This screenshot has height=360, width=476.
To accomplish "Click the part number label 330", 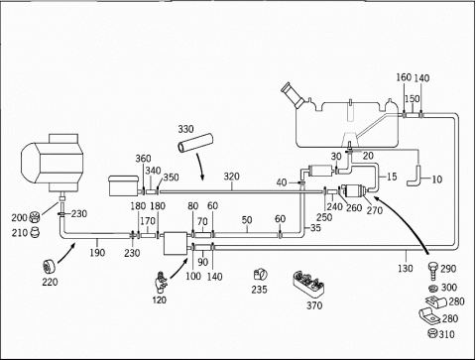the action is click(x=185, y=129).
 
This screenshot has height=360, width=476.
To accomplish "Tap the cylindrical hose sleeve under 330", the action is click(x=195, y=143).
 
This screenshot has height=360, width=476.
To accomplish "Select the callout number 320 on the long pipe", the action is click(x=231, y=177).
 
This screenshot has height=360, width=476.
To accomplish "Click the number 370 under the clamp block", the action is click(x=314, y=305).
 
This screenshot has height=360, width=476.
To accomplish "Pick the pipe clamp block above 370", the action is click(x=308, y=283).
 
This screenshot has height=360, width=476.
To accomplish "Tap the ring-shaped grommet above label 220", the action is click(x=50, y=267).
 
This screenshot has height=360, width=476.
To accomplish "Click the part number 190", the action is click(x=97, y=253).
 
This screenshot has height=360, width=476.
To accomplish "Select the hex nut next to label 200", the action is click(x=35, y=217).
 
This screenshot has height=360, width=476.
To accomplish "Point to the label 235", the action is click(x=259, y=290).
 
